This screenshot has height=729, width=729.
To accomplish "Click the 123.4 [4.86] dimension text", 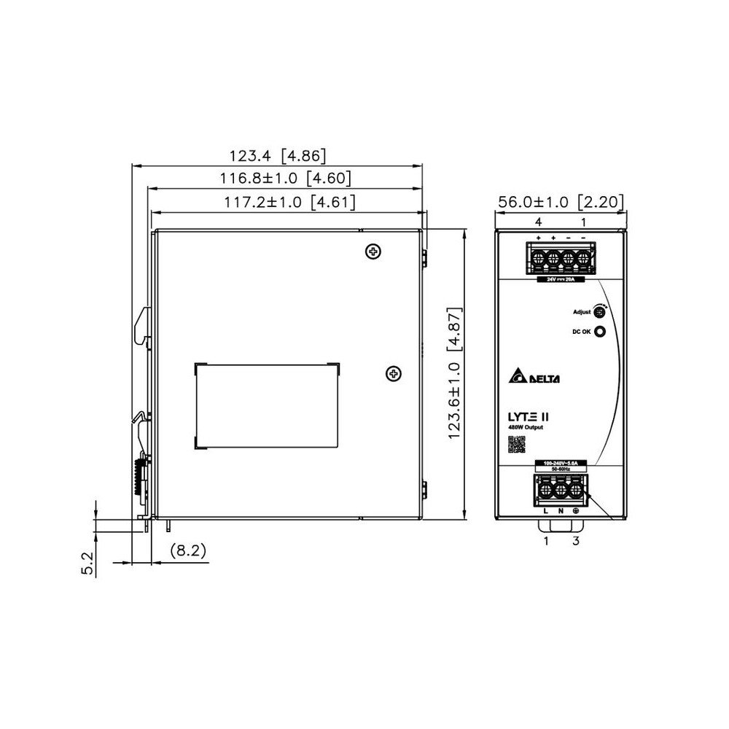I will coord(278,155).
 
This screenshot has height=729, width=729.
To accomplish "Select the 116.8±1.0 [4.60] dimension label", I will coord(286,178).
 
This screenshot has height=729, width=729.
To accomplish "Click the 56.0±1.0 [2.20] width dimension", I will coord(560,202).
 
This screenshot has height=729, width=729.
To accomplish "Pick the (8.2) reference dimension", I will coord(188,551).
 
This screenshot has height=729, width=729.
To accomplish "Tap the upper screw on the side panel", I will coord(373,252).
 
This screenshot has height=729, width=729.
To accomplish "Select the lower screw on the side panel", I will coord(393,374).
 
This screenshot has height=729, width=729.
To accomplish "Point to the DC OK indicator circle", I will coord(601,332).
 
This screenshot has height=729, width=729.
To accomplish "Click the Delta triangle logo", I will coord(518,377).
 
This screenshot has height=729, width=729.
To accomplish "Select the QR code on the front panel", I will coord(516,444).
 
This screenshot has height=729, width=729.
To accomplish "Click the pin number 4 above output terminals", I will coord(538,221).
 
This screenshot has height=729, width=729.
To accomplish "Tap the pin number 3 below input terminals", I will coord(576,540).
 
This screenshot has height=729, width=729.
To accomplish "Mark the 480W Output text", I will coord(525,427).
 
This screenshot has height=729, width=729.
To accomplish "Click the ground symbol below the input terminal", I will coord(575,511).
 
